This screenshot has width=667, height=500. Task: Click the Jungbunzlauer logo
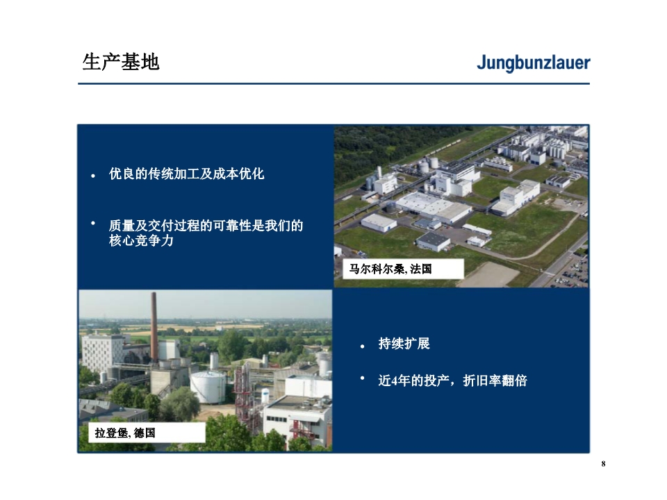(534, 63)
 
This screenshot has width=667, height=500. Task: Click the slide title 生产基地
(121, 62)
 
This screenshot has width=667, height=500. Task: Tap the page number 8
(603, 464)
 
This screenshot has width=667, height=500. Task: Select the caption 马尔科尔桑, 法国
(390, 269)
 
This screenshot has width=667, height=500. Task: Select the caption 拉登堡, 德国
(124, 433)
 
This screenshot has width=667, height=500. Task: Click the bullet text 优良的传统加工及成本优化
(186, 174)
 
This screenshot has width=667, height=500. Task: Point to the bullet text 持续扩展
(404, 344)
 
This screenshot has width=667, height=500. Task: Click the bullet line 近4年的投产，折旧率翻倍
(452, 381)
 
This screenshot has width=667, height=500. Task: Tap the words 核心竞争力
(141, 241)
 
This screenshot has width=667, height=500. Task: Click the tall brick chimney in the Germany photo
(154, 326)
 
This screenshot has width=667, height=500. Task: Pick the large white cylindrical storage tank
(208, 387)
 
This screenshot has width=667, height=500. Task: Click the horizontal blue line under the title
(333, 84)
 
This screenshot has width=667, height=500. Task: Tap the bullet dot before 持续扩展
(363, 347)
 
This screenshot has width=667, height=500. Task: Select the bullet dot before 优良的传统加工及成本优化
(93, 176)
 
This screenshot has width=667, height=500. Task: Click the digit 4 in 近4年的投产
(395, 381)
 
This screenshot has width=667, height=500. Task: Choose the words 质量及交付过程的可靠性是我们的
(206, 225)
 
